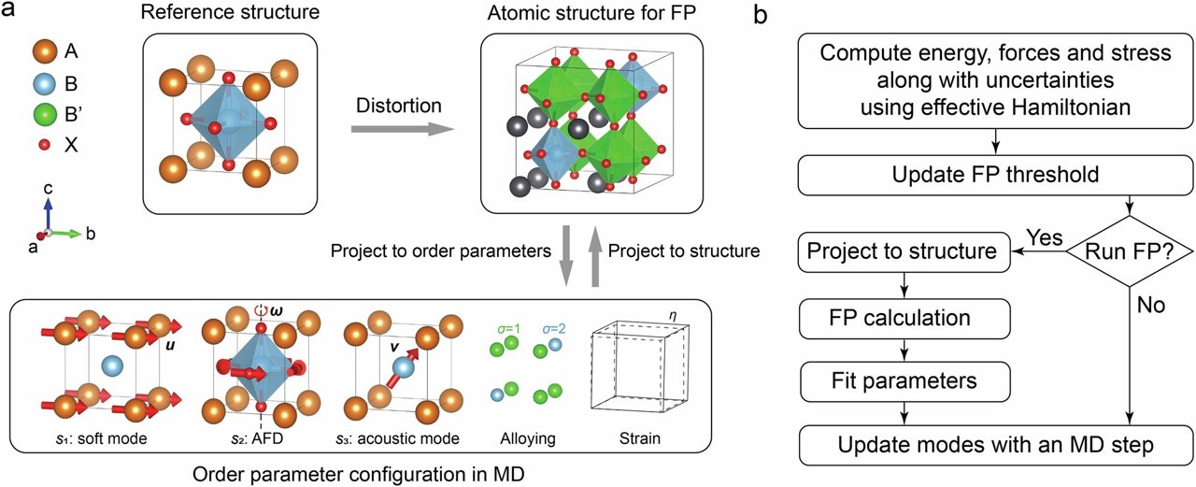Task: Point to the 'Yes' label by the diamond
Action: coord(1044,237)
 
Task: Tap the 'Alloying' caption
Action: coord(525,437)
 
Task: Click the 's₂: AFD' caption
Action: coord(246,437)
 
